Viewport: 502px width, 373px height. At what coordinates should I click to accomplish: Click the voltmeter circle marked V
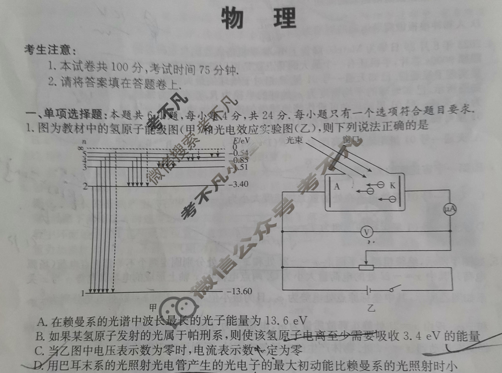pos(367,232)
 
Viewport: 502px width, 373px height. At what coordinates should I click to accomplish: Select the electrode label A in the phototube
pos(337,186)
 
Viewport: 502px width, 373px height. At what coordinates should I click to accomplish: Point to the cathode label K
pos(393,185)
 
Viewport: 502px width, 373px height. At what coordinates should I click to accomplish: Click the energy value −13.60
pos(239,291)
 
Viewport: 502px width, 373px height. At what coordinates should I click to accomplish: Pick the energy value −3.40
pos(238,184)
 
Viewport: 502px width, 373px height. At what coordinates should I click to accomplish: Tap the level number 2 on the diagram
pos(85,186)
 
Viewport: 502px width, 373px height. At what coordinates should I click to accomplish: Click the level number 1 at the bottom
pos(83,293)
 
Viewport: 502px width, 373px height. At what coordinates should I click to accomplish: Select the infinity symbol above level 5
pos(81,148)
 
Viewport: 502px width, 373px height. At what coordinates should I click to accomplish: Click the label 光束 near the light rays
pos(294,140)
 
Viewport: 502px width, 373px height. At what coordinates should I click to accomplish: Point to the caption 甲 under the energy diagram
pos(153,307)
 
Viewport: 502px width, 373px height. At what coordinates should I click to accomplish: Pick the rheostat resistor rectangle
pos(366,268)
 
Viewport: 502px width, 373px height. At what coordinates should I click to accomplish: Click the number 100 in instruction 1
pos(119,67)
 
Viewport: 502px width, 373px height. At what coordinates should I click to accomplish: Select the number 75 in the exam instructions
pos(205,70)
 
